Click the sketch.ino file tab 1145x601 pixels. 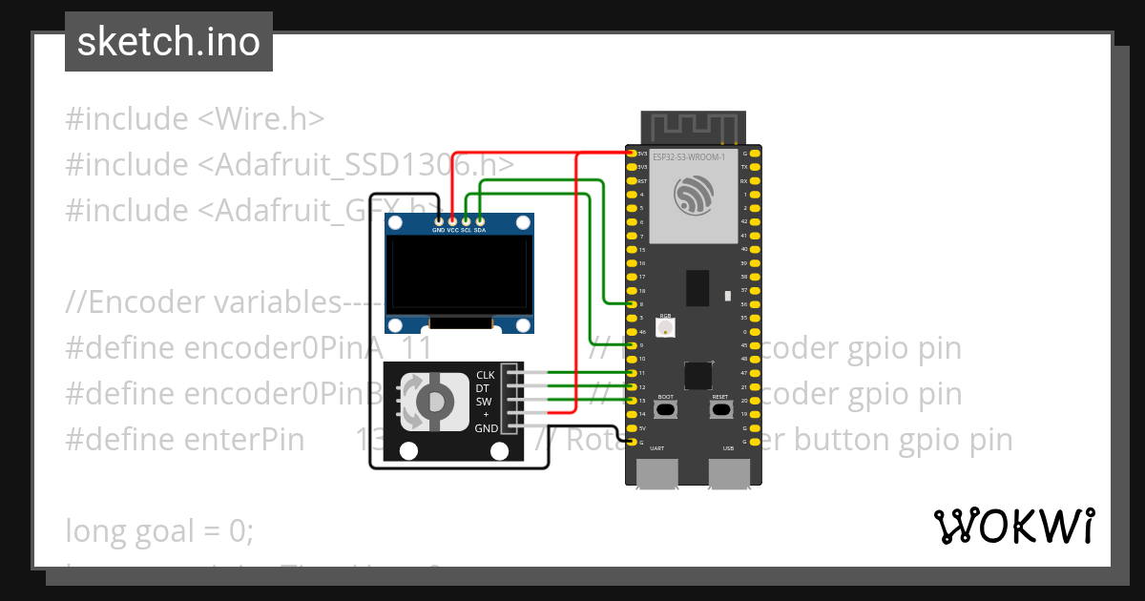(169, 42)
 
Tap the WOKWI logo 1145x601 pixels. (1013, 526)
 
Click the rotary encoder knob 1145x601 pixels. (430, 401)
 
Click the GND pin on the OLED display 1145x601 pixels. (438, 221)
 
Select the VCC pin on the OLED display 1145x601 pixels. (452, 221)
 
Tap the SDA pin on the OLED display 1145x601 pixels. (480, 221)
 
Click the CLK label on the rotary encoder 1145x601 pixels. (486, 375)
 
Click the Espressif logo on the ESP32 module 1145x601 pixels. (694, 196)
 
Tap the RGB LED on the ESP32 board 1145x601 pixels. (665, 327)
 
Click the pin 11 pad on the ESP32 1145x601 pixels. (631, 373)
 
